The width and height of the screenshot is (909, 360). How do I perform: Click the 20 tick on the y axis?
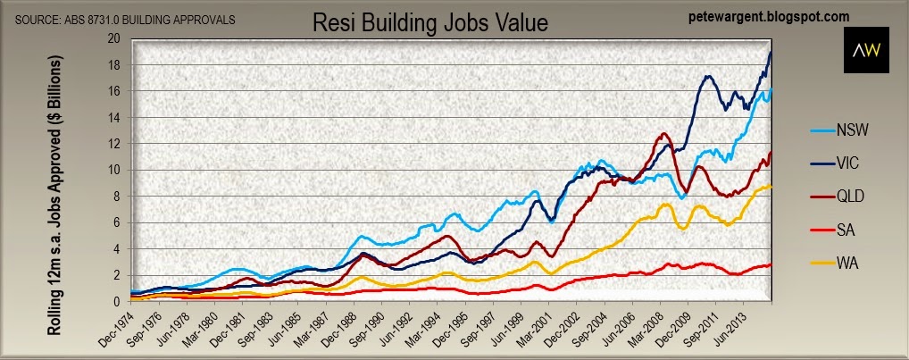(113, 38)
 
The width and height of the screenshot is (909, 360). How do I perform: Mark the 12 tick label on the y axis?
(113, 144)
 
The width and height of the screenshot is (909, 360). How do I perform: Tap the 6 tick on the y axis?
(116, 222)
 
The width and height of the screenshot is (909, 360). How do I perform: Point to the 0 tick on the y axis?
(116, 301)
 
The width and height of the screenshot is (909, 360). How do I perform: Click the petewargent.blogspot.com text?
(768, 16)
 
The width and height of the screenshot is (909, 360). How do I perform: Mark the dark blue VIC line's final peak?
(771, 53)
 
